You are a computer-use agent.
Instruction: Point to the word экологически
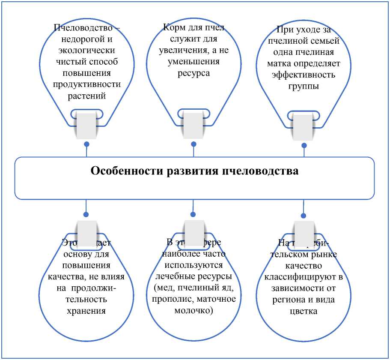pos(86,51)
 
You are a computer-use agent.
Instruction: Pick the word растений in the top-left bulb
pos(86,95)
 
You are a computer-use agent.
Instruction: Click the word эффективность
pos(304,75)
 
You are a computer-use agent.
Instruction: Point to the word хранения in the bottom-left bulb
pos(86,310)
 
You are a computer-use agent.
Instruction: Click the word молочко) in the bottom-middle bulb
pos(194,310)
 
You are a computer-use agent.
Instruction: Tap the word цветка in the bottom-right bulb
pos(304,311)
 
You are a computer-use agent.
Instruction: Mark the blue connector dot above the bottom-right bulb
pos(304,216)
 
